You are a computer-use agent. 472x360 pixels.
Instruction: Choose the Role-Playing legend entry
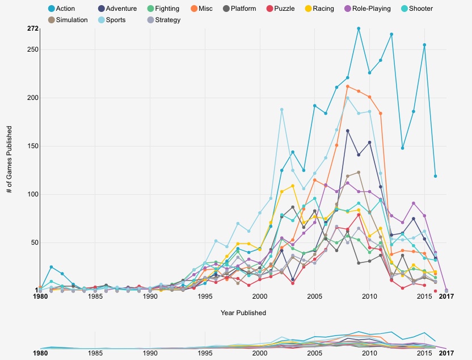[367, 9]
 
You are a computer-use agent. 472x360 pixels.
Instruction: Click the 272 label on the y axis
[32, 28]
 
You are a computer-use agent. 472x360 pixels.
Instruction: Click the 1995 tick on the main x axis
[205, 296]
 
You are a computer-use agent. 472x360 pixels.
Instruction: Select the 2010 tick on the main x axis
[369, 296]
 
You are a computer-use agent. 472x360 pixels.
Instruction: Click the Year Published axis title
[243, 313]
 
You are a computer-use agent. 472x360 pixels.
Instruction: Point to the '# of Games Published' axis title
[10, 160]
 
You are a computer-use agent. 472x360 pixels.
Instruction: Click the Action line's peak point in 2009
[359, 28]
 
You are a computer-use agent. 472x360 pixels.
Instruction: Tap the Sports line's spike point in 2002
[282, 110]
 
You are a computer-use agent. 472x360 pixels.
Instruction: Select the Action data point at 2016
[435, 176]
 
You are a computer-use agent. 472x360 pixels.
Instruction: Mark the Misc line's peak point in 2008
[348, 86]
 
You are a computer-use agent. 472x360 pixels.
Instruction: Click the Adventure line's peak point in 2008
[348, 131]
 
